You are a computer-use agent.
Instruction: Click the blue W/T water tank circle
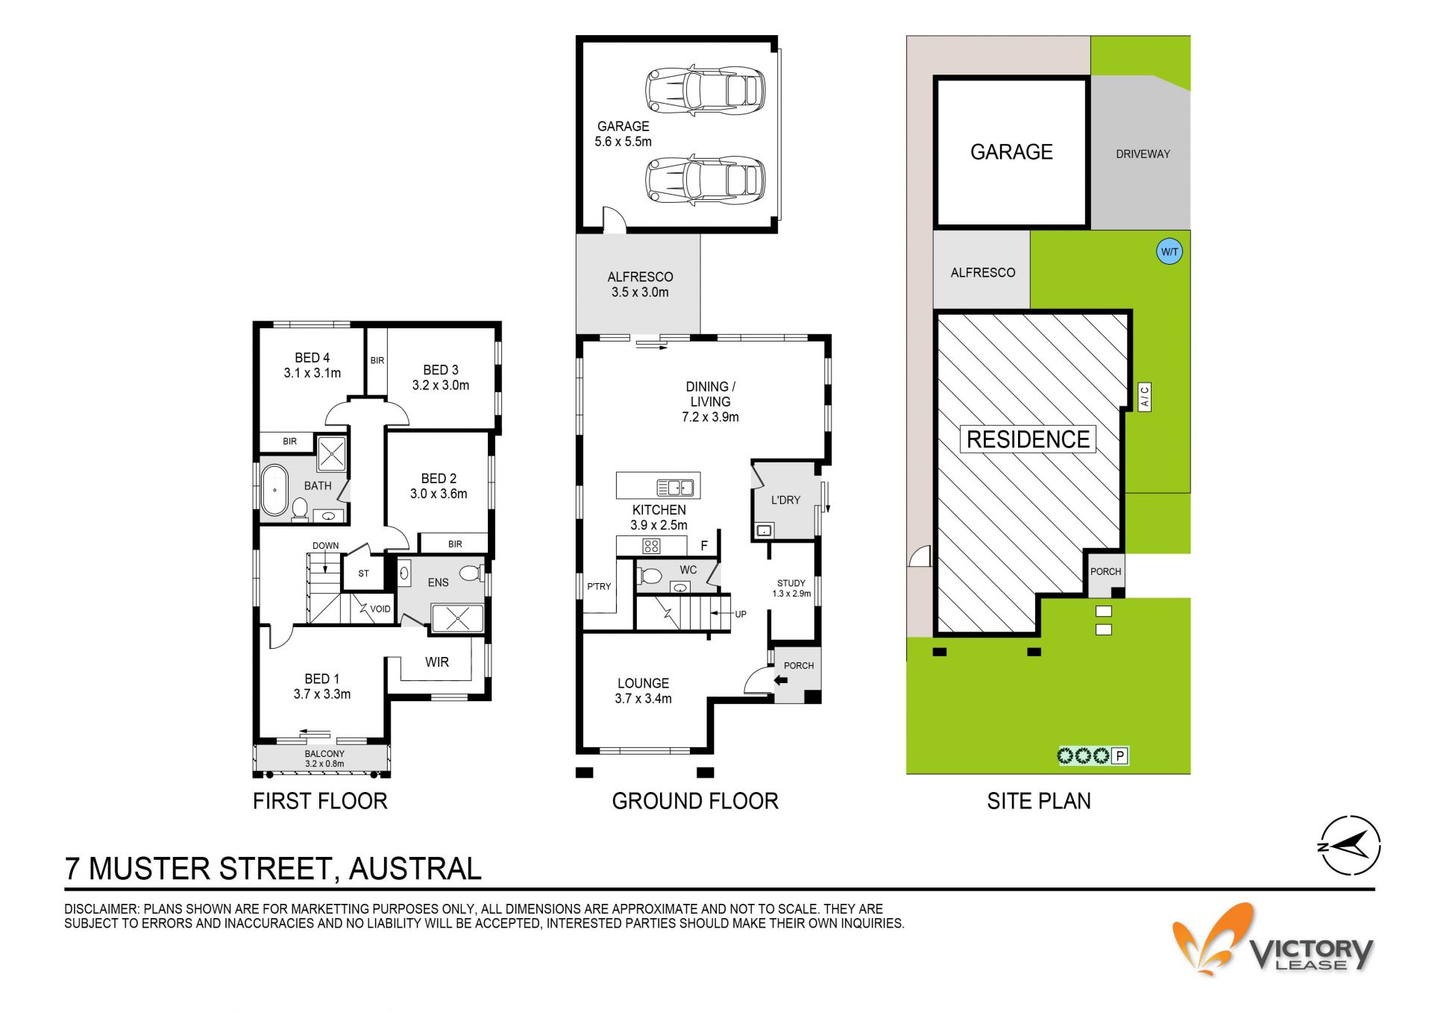1169,251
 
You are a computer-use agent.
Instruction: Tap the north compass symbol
1349,846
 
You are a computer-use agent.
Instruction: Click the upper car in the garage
705,90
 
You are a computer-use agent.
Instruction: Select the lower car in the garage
705,180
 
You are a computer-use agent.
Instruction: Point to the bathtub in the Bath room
274,490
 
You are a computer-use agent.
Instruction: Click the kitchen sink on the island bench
676,488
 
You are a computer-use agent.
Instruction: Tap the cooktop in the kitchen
651,546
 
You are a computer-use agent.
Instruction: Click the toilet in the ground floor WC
650,576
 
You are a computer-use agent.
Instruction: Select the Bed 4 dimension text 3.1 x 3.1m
313,373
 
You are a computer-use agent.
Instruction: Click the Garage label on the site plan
1011,152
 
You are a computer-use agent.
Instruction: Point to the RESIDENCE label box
1029,439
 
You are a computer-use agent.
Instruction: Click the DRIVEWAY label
1143,154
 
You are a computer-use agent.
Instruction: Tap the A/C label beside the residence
1145,396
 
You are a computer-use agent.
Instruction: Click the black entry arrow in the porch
781,680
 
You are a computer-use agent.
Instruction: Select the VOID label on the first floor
380,609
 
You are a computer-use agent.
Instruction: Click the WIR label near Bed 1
437,662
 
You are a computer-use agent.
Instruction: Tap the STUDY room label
791,583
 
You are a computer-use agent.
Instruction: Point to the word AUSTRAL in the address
415,869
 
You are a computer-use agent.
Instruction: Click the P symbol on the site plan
1119,756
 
